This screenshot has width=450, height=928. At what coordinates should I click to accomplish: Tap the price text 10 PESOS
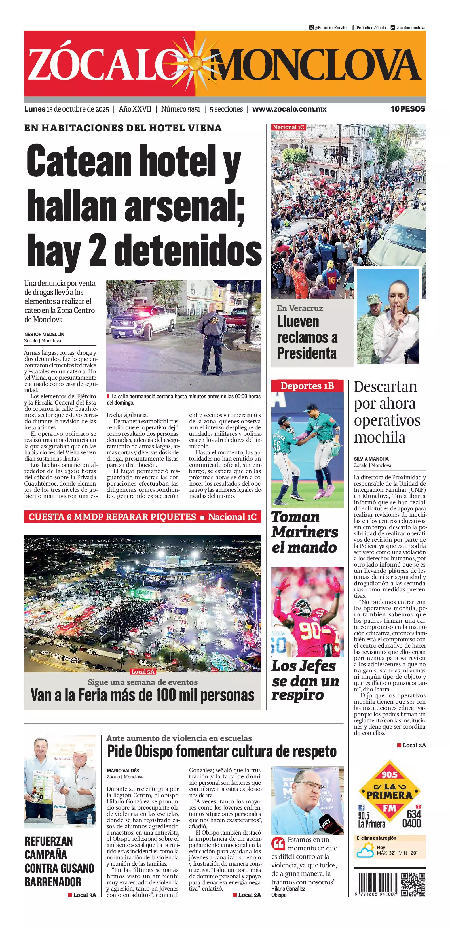pos(408,109)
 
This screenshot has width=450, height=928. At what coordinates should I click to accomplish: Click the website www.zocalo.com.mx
pos(289,109)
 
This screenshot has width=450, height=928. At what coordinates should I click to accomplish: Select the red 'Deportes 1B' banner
pos(307,386)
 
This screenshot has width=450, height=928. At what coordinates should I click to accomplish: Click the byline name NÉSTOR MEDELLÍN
pos(44,334)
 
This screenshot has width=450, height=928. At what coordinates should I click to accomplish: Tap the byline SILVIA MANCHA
pos(371,459)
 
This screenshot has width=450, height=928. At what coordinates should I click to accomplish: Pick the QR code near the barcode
pos(414,884)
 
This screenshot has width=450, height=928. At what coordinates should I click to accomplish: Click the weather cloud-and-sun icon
pos(365,851)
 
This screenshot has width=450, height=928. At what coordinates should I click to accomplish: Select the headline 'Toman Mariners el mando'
pos(305,532)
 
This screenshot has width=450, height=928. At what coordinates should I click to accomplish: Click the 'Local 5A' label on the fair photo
pos(143,672)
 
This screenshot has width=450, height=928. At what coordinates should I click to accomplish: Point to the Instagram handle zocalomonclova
pos(411,28)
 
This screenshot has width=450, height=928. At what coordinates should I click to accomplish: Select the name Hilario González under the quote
pos(288,889)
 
